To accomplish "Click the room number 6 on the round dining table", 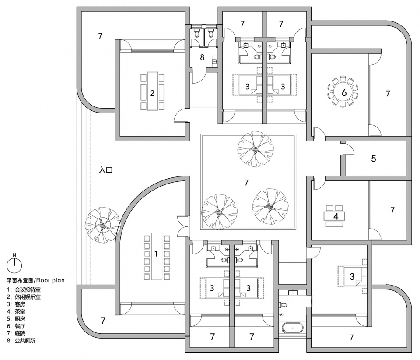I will tap(344, 93).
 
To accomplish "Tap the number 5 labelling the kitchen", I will tap(373, 159).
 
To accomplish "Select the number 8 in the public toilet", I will tap(202, 57).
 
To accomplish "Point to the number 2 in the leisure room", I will tap(152, 93).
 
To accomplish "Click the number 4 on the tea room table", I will tap(336, 216).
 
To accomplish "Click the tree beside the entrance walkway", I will tap(103, 225).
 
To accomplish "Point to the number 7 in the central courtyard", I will tap(246, 182).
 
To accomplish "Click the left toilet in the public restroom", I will tap(197, 33).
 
